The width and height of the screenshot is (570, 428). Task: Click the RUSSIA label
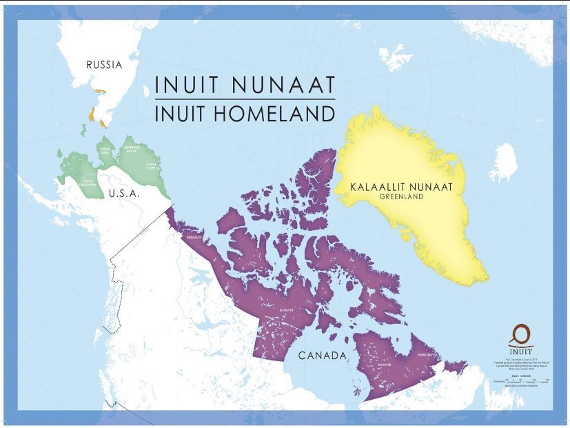(104, 65)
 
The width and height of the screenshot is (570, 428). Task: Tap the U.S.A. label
(124, 194)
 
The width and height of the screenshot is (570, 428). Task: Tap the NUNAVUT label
(287, 311)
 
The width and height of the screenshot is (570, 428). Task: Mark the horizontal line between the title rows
(245, 99)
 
